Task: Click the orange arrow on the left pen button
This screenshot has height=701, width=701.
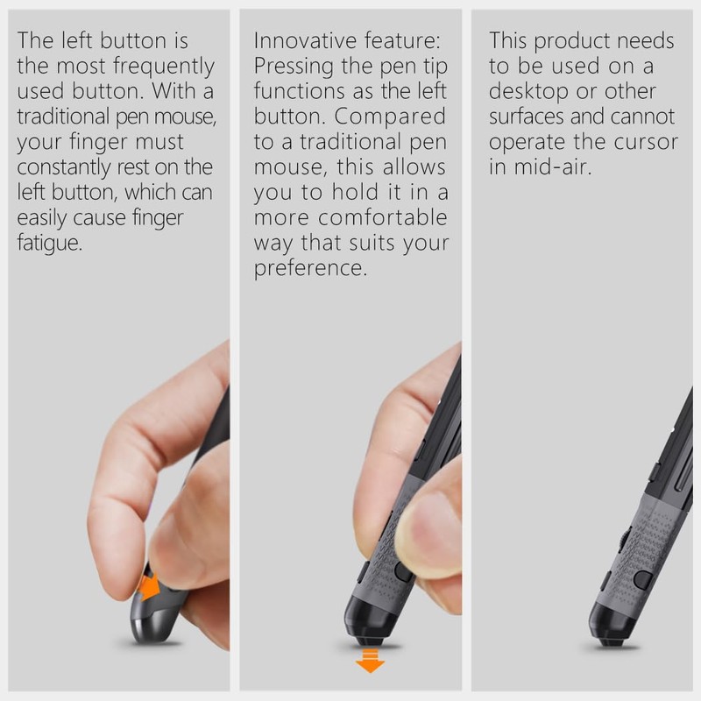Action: [x=150, y=585]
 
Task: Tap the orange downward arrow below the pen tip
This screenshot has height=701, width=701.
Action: [x=370, y=661]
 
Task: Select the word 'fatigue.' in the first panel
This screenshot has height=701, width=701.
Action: [x=50, y=243]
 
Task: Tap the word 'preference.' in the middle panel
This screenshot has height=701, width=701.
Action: [x=309, y=268]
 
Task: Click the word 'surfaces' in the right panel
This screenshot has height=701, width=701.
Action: [x=530, y=117]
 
